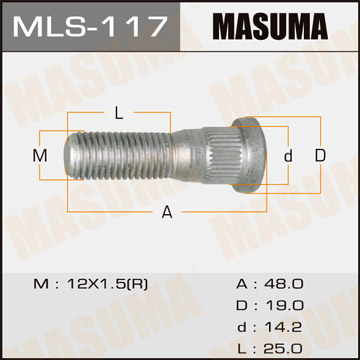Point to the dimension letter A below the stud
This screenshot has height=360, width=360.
point(167,211)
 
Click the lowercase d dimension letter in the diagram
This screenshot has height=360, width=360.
point(287,156)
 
